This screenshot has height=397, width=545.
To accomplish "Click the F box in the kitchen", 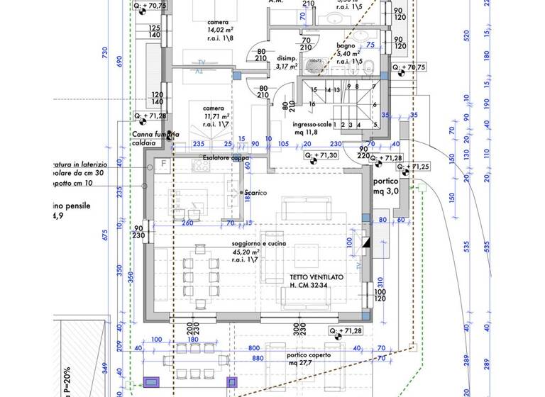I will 164,164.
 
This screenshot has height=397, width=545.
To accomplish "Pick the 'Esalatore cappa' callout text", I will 226,157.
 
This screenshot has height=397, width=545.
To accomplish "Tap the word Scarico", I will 254,193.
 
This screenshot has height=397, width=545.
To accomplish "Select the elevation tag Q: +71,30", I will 321,155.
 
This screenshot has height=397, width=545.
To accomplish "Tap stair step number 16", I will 312,104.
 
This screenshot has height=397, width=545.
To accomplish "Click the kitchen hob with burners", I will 200,165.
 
